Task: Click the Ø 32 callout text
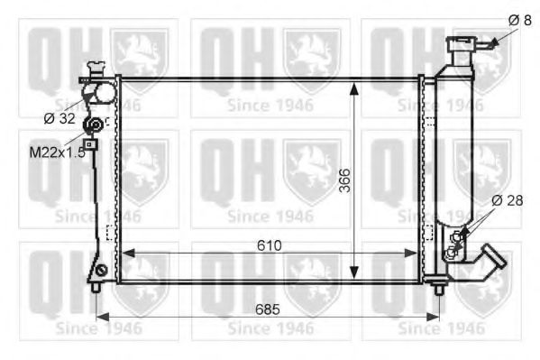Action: point(60,117)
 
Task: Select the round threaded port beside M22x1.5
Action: point(91,126)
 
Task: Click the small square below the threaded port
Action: point(89,144)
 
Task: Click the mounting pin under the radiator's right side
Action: point(439,288)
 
